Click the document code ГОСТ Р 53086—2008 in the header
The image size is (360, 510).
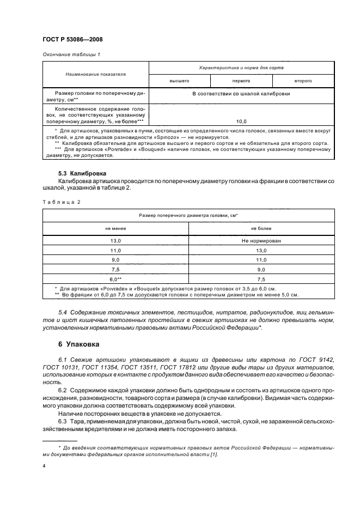click(72, 40)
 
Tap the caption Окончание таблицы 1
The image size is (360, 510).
click(71, 54)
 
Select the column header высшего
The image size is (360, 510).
click(179, 81)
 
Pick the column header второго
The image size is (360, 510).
click(303, 81)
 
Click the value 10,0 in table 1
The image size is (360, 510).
click(241, 121)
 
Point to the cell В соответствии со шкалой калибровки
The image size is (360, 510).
click(241, 94)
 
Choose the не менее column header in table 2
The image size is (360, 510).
click(115, 229)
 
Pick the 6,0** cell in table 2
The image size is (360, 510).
click(115, 278)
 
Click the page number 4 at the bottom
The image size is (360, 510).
click(44, 466)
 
